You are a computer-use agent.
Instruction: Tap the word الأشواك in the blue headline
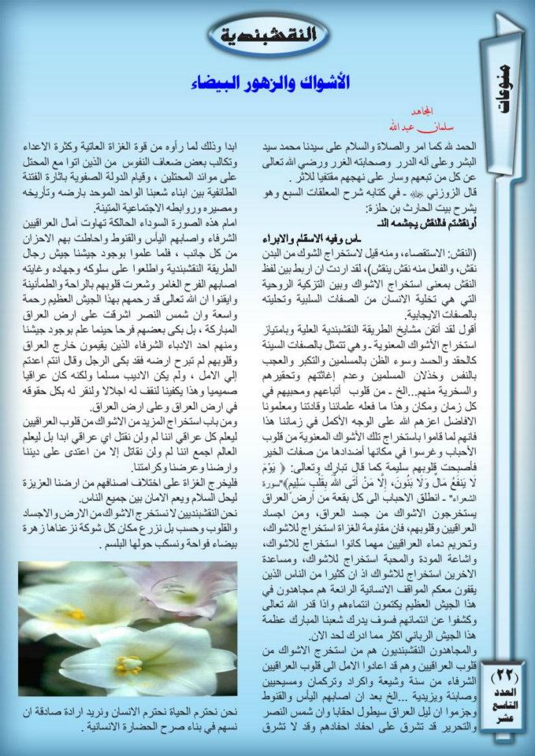(x=325, y=83)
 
